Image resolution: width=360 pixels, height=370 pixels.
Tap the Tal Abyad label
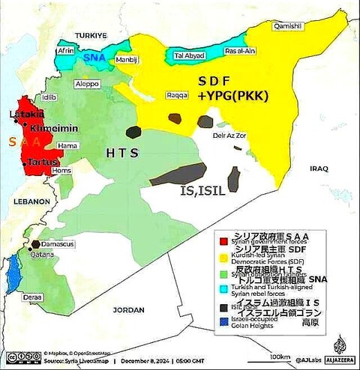[188, 55]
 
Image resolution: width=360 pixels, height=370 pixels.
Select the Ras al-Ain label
[241, 51]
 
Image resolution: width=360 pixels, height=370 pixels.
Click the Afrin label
[67, 51]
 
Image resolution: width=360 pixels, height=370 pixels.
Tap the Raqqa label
[177, 97]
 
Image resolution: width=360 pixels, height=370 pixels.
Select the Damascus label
[57, 245]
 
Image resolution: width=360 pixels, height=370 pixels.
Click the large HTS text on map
[122, 153]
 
